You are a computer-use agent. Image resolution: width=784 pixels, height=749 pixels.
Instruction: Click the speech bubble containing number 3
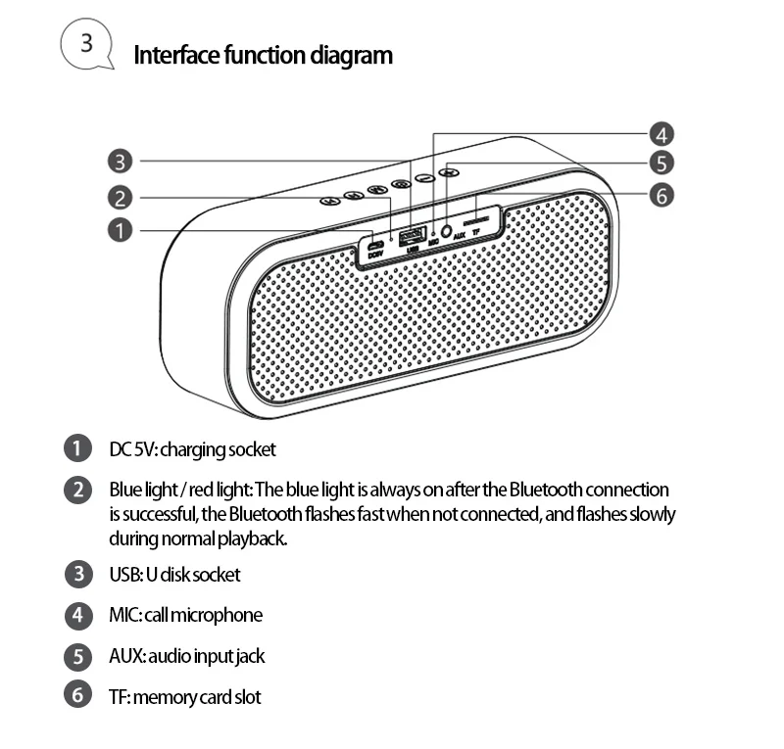click(85, 44)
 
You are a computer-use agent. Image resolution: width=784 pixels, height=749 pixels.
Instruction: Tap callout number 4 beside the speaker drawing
click(661, 135)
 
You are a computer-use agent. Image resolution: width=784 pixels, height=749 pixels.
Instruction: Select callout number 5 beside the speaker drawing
click(661, 164)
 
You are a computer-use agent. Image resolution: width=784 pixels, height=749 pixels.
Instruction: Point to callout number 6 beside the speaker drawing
click(661, 196)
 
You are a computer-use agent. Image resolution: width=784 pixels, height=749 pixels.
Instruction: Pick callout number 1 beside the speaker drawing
click(119, 231)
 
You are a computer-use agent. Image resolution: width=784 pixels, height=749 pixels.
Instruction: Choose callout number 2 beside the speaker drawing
click(119, 199)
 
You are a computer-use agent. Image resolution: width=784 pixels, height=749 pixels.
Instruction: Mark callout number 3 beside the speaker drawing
click(119, 162)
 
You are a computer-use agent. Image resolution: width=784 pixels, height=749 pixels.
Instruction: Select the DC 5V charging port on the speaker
click(375, 244)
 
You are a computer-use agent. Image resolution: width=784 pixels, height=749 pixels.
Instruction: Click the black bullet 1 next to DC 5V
click(77, 449)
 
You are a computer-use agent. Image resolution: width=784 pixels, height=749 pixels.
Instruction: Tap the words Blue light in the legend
click(140, 490)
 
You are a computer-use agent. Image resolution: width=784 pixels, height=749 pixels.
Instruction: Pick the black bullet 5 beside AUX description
click(77, 656)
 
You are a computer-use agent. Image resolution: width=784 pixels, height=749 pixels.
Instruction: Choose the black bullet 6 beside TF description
click(77, 696)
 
